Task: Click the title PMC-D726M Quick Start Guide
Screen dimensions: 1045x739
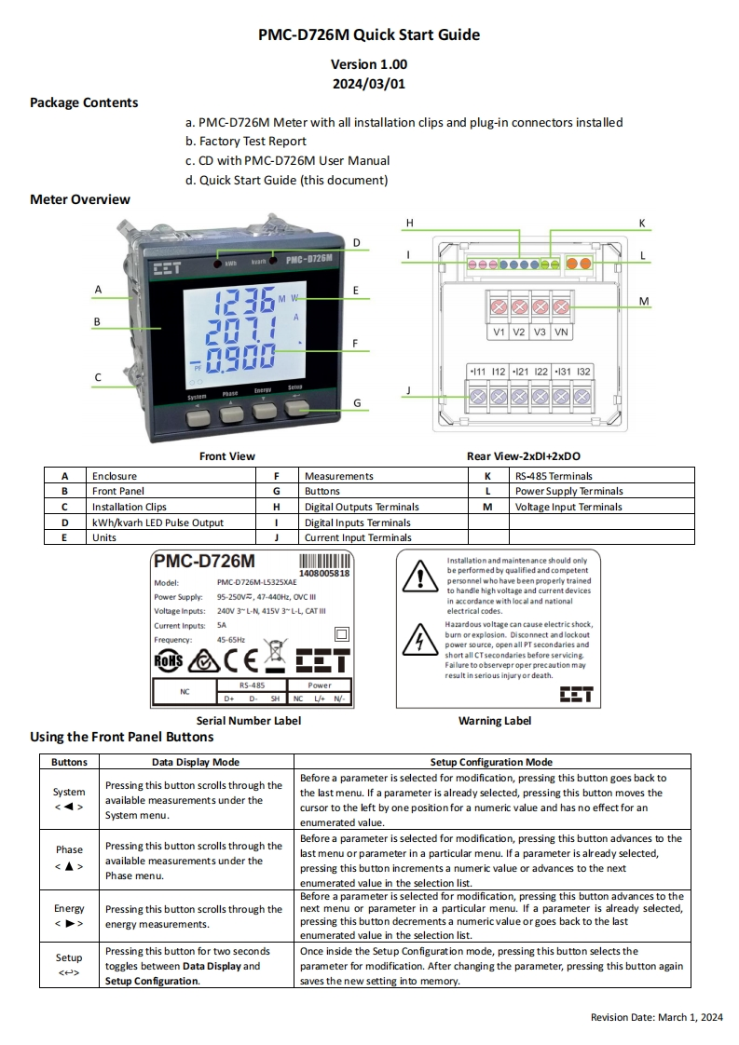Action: [369, 35]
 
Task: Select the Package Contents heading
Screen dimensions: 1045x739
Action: [84, 102]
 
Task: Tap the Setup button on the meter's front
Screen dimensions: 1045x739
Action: [295, 417]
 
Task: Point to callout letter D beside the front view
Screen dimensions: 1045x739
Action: [356, 242]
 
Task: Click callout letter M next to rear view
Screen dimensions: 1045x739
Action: [643, 301]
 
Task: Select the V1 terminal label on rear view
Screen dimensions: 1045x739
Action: [499, 332]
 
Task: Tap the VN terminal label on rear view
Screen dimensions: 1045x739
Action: [561, 332]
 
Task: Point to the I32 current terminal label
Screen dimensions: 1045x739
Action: [583, 372]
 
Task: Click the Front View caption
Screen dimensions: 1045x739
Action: [227, 456]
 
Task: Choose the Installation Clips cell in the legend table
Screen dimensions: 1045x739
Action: [130, 507]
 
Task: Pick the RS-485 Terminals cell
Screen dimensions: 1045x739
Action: [554, 476]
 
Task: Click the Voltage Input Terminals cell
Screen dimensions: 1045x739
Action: [568, 507]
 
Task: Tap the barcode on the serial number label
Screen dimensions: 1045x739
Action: [324, 561]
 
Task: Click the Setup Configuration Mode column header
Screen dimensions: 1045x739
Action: [491, 762]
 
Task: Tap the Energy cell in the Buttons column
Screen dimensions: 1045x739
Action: [69, 916]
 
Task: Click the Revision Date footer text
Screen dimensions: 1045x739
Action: [657, 1017]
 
